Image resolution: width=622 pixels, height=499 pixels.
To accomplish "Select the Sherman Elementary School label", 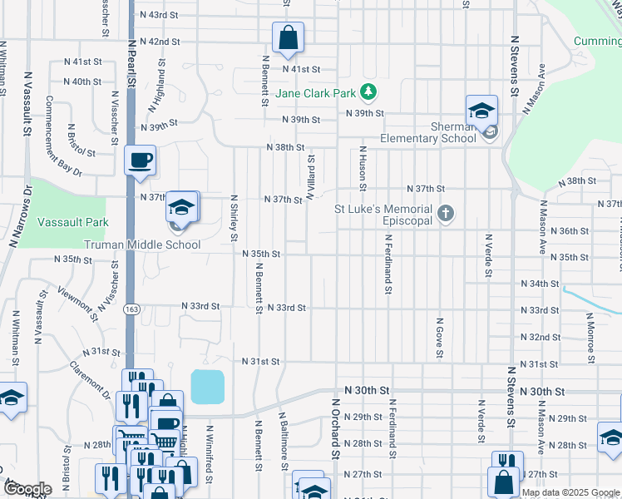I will click(x=427, y=132).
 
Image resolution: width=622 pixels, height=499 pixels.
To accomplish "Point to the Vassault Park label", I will click(x=73, y=223).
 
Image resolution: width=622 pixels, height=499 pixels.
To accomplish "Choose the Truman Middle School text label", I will click(x=142, y=245).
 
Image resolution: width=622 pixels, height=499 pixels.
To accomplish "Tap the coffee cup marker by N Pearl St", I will click(x=140, y=160).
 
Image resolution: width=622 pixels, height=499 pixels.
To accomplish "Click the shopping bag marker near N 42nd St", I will click(x=287, y=37).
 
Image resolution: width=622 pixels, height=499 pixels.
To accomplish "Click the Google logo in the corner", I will click(x=27, y=489).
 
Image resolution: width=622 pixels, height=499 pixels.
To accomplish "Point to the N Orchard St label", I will click(x=336, y=427).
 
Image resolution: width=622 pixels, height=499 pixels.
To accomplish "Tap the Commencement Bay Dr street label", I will click(x=63, y=136).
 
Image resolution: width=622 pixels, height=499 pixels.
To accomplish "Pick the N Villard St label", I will click(x=310, y=176).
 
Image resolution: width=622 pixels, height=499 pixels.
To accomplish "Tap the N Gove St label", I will click(x=438, y=338).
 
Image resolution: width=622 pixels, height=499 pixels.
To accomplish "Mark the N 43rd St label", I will click(x=160, y=15).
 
